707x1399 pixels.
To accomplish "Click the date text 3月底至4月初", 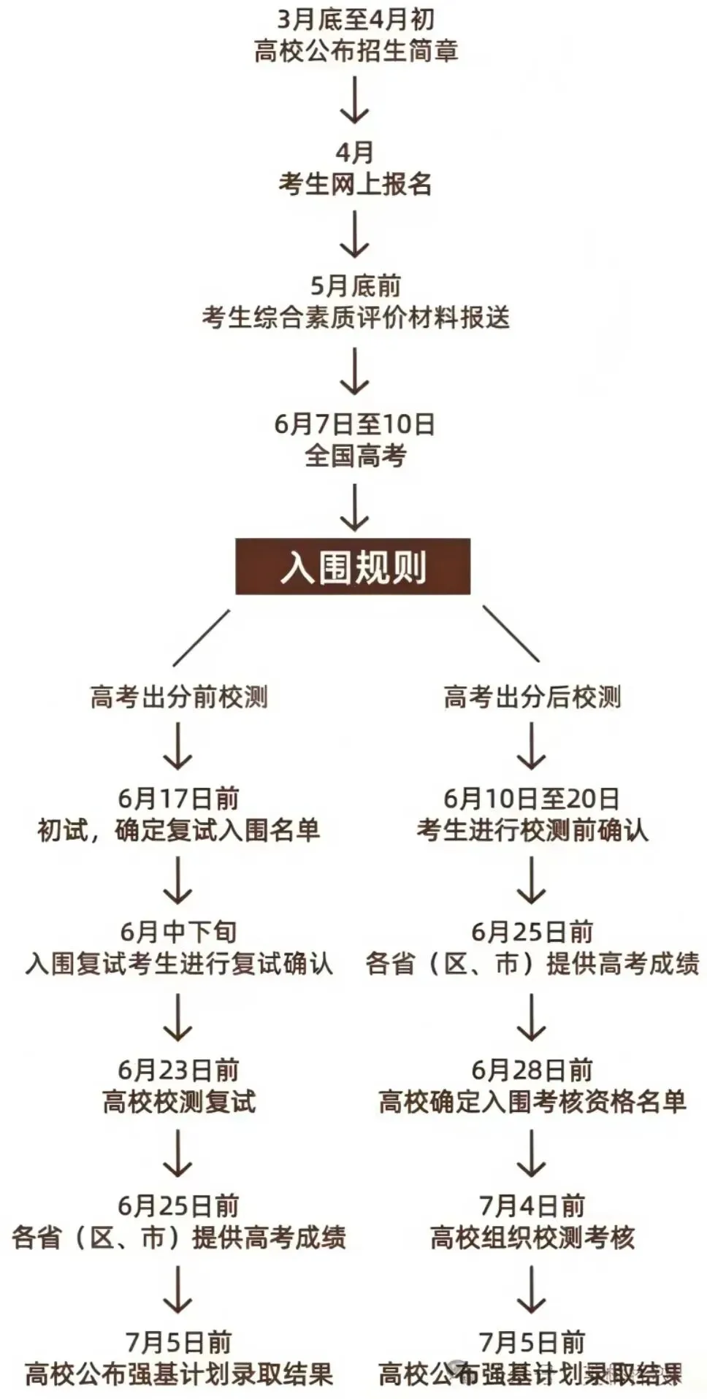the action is point(355,19).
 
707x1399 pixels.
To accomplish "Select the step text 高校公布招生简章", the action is point(355,51).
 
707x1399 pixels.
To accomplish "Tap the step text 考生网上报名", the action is point(355,184).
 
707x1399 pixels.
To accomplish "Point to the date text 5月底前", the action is point(355,285).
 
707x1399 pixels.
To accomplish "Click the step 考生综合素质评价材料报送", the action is point(355,318).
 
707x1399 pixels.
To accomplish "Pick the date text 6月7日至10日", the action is point(355,423).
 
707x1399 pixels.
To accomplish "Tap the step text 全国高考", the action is point(355,456).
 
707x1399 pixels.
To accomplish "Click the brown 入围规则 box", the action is point(353,567).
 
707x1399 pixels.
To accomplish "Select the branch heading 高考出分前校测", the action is point(178,697).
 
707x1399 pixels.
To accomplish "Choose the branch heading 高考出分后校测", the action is point(532,697).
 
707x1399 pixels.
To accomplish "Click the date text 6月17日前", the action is point(178,798).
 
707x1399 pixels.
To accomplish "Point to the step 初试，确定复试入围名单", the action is point(178,830).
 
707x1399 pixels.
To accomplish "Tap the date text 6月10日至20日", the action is point(532,798).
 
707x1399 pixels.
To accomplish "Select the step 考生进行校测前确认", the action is point(532,830).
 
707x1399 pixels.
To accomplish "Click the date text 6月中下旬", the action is point(178,932).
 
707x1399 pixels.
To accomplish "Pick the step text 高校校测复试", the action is point(178,1102).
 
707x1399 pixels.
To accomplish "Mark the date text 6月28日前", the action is point(532,1070).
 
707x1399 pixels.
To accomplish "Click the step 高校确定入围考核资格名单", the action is point(532,1102).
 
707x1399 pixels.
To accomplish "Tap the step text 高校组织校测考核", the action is point(532,1238).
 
